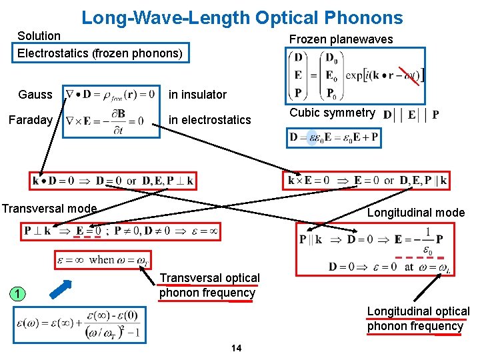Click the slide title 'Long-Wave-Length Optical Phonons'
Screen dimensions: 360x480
point(242,17)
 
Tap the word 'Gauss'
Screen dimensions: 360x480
point(35,94)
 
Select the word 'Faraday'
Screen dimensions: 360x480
point(30,120)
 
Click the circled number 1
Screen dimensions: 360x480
point(21,294)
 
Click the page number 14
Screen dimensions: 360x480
point(235,348)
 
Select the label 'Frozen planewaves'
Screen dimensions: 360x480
point(341,39)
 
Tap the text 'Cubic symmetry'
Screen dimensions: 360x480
point(332,113)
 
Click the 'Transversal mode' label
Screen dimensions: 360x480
point(49,209)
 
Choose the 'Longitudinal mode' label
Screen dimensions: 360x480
point(415,213)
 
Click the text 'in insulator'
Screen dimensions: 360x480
point(197,94)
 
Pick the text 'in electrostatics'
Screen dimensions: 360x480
point(209,120)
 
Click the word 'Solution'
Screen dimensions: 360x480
point(39,35)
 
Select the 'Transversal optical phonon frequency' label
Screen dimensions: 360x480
point(209,285)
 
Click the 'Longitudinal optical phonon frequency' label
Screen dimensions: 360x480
point(418,319)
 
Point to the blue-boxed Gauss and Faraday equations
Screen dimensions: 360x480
point(111,110)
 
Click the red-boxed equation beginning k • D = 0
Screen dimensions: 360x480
point(113,180)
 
